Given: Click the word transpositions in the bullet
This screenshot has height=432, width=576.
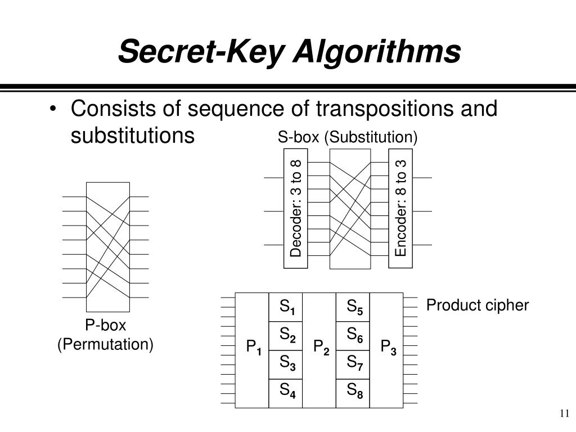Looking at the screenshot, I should click(375, 108).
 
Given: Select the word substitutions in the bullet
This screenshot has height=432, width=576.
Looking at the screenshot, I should click(133, 136).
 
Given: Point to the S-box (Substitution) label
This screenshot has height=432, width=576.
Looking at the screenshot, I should click(348, 137).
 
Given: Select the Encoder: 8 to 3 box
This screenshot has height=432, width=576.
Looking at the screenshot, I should click(400, 208).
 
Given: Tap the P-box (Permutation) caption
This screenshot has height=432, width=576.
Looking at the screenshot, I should click(106, 335).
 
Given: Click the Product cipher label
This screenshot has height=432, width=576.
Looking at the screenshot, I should click(478, 305).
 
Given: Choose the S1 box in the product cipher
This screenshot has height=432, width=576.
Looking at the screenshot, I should click(286, 307).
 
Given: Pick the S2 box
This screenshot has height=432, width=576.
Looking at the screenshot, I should click(286, 336).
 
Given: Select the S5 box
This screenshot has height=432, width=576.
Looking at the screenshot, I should click(353, 307).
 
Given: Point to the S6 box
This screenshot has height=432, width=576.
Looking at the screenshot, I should click(353, 336).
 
